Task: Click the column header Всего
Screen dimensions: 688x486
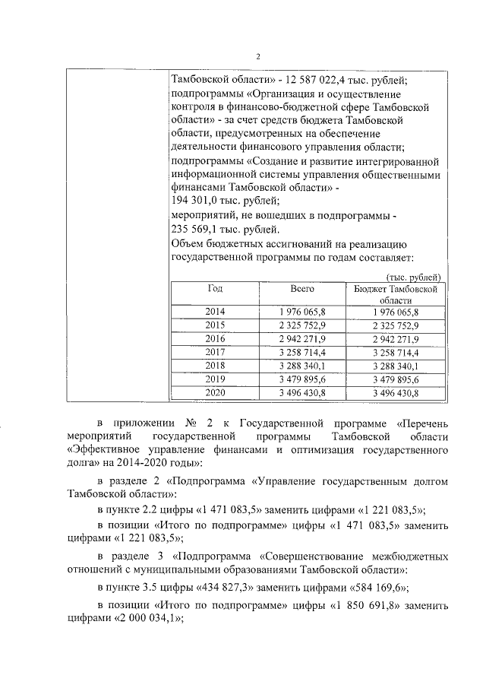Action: pyautogui.click(x=302, y=290)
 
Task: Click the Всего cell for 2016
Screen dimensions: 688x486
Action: pyautogui.click(x=302, y=338)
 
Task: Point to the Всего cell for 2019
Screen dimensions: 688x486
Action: pyautogui.click(x=302, y=379)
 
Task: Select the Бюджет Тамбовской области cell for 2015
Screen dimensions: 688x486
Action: pyautogui.click(x=396, y=325)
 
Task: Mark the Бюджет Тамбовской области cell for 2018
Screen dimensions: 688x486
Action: pyautogui.click(x=396, y=366)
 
